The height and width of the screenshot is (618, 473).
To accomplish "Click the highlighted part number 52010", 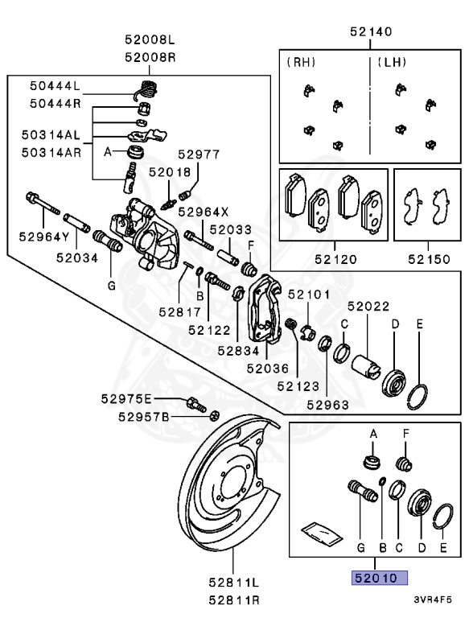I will pyautogui.click(x=378, y=578).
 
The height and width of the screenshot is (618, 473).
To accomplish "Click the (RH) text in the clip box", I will pyautogui.click(x=301, y=61).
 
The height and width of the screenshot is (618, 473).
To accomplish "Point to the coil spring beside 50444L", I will pyautogui.click(x=146, y=88).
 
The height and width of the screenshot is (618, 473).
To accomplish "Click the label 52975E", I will pyautogui.click(x=126, y=399).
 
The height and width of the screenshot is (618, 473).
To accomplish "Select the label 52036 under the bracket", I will pyautogui.click(x=267, y=368).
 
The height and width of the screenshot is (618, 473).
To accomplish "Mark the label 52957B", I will pyautogui.click(x=143, y=416).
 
